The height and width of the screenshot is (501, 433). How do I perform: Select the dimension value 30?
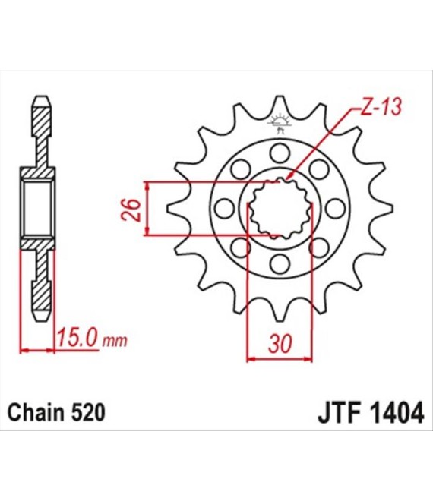pyautogui.click(x=280, y=343)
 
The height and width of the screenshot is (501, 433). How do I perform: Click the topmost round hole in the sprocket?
pyautogui.click(x=280, y=153)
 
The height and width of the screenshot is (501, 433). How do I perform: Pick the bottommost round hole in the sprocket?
pyautogui.click(x=280, y=264)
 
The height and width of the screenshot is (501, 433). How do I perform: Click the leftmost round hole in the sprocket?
pyautogui.click(x=225, y=209)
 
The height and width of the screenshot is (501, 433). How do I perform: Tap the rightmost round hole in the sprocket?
pyautogui.click(x=335, y=209)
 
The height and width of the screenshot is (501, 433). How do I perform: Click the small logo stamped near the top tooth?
pyautogui.click(x=280, y=124)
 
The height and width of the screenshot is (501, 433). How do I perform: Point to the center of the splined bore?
pyautogui.click(x=280, y=209)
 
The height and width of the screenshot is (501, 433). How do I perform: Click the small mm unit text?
pyautogui.click(x=115, y=342)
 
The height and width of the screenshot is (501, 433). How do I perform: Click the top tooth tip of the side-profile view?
pyautogui.click(x=43, y=96)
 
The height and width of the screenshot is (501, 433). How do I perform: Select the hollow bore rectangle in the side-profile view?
pyautogui.click(x=38, y=209)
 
